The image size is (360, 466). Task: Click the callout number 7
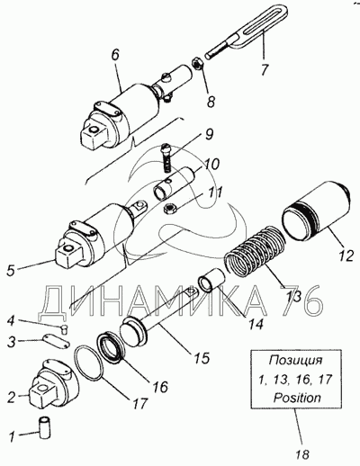pos(265,70)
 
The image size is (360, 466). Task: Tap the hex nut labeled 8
pos(197,64)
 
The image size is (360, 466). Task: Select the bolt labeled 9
pos(166,158)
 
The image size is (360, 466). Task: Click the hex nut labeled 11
pos(170,209)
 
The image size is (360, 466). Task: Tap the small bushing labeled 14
pos(211,280)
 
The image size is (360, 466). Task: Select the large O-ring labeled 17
pos(89,361)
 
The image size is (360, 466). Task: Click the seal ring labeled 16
pos(112,346)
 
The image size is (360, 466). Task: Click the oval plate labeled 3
pos(56,342)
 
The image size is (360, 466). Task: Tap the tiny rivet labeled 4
pos(65,329)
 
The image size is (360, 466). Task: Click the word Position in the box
pos(297,398)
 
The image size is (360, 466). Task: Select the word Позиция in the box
pos(296,360)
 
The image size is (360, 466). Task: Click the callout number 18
pos(302,454)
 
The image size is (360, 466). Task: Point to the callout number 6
pos(115,55)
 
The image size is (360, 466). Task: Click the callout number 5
pos(11,270)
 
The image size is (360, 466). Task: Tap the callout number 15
pos(202,358)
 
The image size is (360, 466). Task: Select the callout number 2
pos(12,398)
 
